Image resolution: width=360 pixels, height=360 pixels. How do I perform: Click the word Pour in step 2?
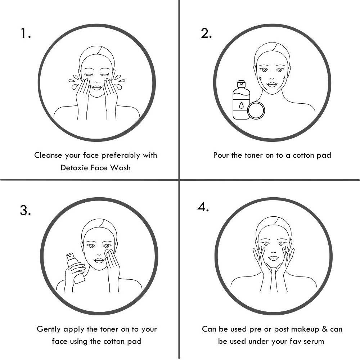pyautogui.click(x=221, y=155)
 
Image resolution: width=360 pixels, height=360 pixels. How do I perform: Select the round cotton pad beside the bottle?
pyautogui.click(x=256, y=111)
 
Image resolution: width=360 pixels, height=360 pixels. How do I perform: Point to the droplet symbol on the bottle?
pyautogui.click(x=241, y=105)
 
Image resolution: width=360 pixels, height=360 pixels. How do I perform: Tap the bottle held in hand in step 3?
pyautogui.click(x=76, y=268)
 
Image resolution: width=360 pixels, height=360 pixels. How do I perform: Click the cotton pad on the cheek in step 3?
pyautogui.click(x=108, y=253)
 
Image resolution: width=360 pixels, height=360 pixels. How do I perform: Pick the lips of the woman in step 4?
pyautogui.click(x=273, y=258)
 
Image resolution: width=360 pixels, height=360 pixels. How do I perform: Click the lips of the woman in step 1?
pyautogui.click(x=96, y=87)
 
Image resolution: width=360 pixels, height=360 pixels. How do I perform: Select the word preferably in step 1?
pyautogui.click(x=121, y=156)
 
